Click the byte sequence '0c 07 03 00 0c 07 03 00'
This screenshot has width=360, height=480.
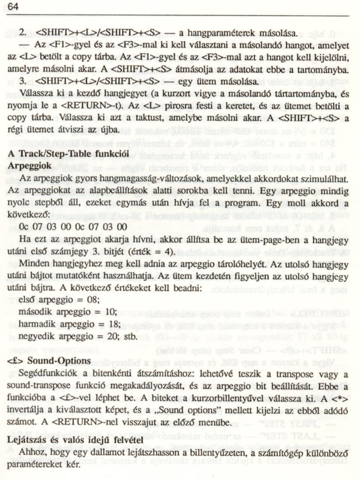pyautogui.click(x=73, y=227)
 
